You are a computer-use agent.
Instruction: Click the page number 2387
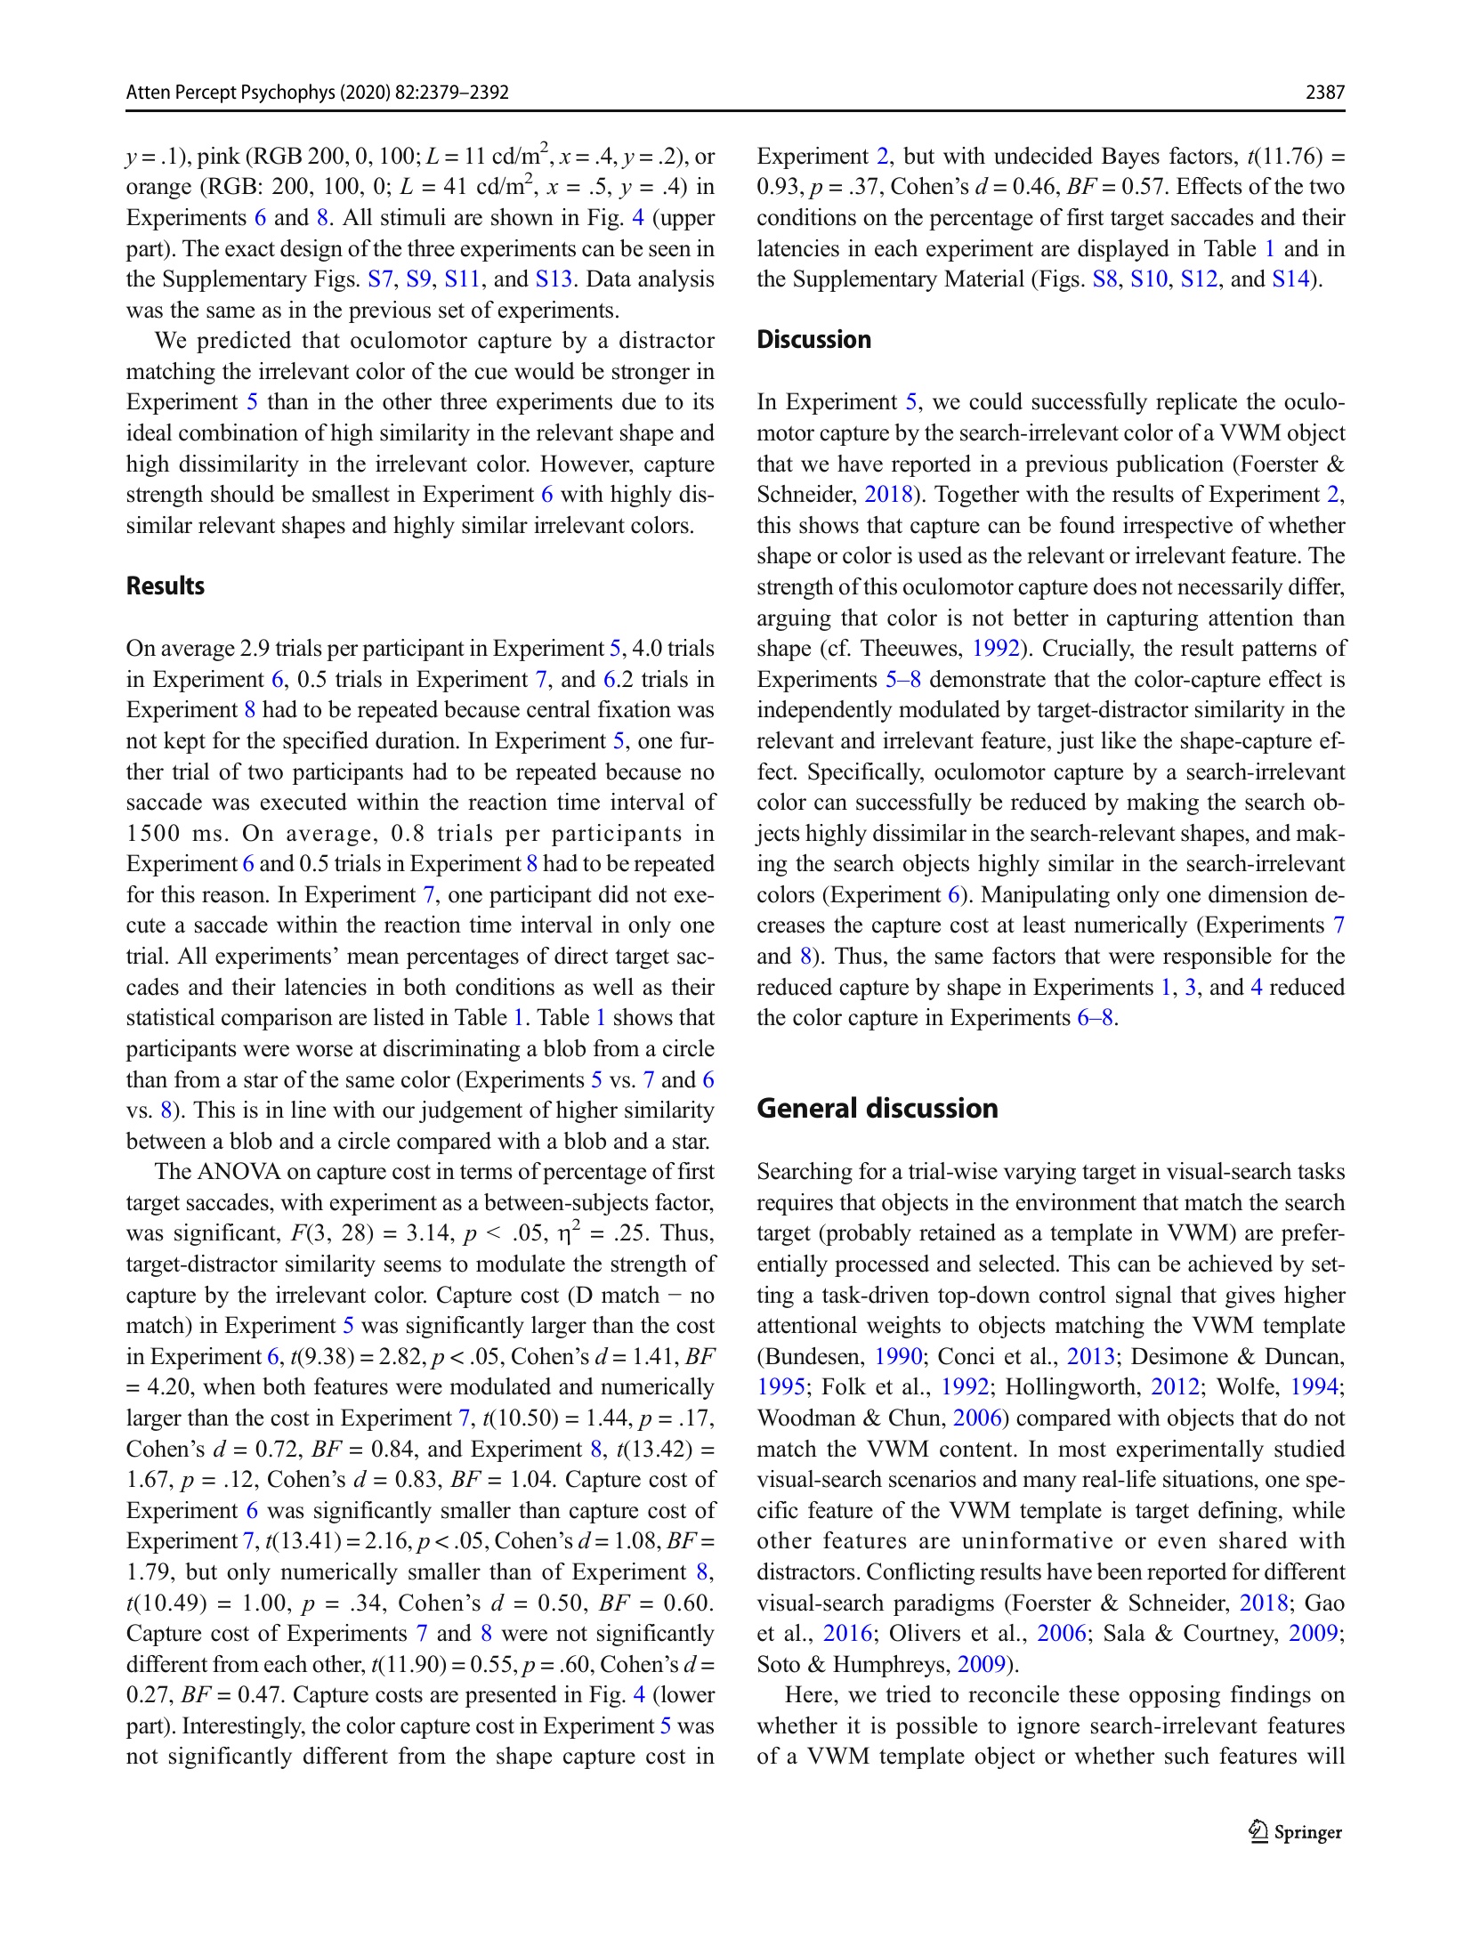pos(1324,93)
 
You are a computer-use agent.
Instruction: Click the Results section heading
pos(166,586)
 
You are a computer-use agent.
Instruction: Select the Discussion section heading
pos(813,340)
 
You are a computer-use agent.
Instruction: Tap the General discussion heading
pos(877,1109)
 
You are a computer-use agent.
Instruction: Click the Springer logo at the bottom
pos(1296,1832)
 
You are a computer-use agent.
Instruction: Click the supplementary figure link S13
pos(554,279)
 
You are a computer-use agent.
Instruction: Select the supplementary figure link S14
pos(1290,279)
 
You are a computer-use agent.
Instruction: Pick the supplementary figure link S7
pos(380,279)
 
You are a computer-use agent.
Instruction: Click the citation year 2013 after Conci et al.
pos(1090,1357)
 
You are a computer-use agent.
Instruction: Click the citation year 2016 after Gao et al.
pos(846,1634)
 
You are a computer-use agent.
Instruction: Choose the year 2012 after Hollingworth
pos(1175,1387)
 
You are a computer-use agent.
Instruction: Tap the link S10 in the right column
pos(1148,279)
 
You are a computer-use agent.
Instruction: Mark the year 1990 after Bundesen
pos(898,1357)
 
